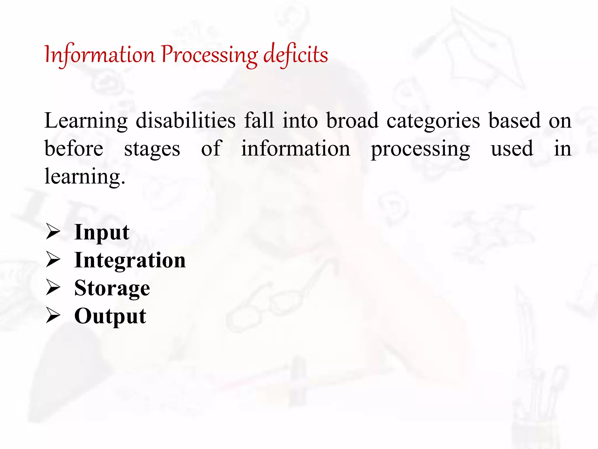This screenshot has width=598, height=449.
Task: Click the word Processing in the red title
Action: click(x=209, y=55)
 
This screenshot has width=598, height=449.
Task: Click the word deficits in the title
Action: click(x=295, y=55)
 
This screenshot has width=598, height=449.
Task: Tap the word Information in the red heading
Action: click(x=100, y=55)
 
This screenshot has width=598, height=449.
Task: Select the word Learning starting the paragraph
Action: click(x=86, y=121)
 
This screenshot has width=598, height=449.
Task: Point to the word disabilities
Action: click(x=186, y=120)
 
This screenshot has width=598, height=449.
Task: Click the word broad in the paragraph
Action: click(x=352, y=120)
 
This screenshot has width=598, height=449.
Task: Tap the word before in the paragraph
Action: click(x=74, y=148)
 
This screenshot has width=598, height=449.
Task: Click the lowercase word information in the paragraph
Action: click(x=295, y=148)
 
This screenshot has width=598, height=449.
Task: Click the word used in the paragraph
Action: click(x=512, y=148)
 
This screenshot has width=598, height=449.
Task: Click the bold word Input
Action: click(x=102, y=232)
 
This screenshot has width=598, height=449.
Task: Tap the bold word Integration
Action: click(x=130, y=260)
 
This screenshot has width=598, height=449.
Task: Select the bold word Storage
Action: click(x=112, y=288)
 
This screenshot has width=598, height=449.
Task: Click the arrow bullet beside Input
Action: click(x=53, y=232)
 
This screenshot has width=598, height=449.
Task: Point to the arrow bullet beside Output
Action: click(x=53, y=316)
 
